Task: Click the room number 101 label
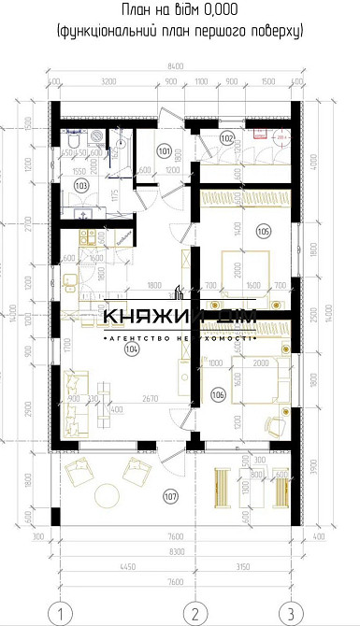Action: click(x=164, y=150)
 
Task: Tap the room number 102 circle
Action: click(x=226, y=137)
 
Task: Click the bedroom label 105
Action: click(x=263, y=231)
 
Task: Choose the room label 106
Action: click(x=218, y=394)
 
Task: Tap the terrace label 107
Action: click(x=169, y=494)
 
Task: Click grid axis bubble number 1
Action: click(x=60, y=613)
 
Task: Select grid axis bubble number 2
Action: click(x=194, y=613)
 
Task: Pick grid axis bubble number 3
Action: click(x=291, y=613)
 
